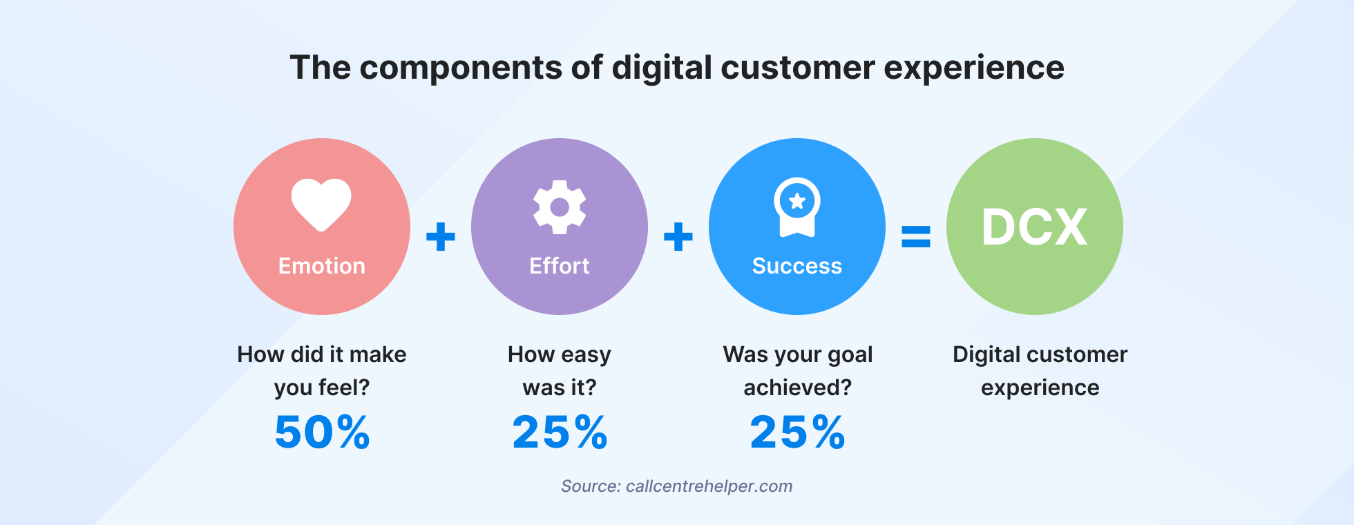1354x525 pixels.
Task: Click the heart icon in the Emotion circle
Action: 321,204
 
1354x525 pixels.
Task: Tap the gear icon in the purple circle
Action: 560,207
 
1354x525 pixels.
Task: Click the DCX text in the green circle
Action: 1035,227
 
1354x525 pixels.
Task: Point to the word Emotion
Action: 321,266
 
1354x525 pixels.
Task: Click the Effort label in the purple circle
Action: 560,266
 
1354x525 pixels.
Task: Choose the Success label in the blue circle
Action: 797,266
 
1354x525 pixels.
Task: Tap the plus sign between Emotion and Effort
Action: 441,237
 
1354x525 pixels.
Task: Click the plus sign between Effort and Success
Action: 678,237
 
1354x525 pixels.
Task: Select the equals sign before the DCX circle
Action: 916,237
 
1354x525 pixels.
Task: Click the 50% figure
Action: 322,432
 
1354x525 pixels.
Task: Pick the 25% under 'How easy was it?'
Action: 560,432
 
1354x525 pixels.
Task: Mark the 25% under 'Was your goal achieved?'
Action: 797,432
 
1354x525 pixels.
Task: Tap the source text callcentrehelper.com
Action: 709,486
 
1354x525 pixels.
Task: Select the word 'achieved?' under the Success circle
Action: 797,388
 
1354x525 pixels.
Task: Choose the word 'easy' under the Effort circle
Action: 587,355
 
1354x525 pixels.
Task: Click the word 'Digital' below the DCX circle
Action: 985,354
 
